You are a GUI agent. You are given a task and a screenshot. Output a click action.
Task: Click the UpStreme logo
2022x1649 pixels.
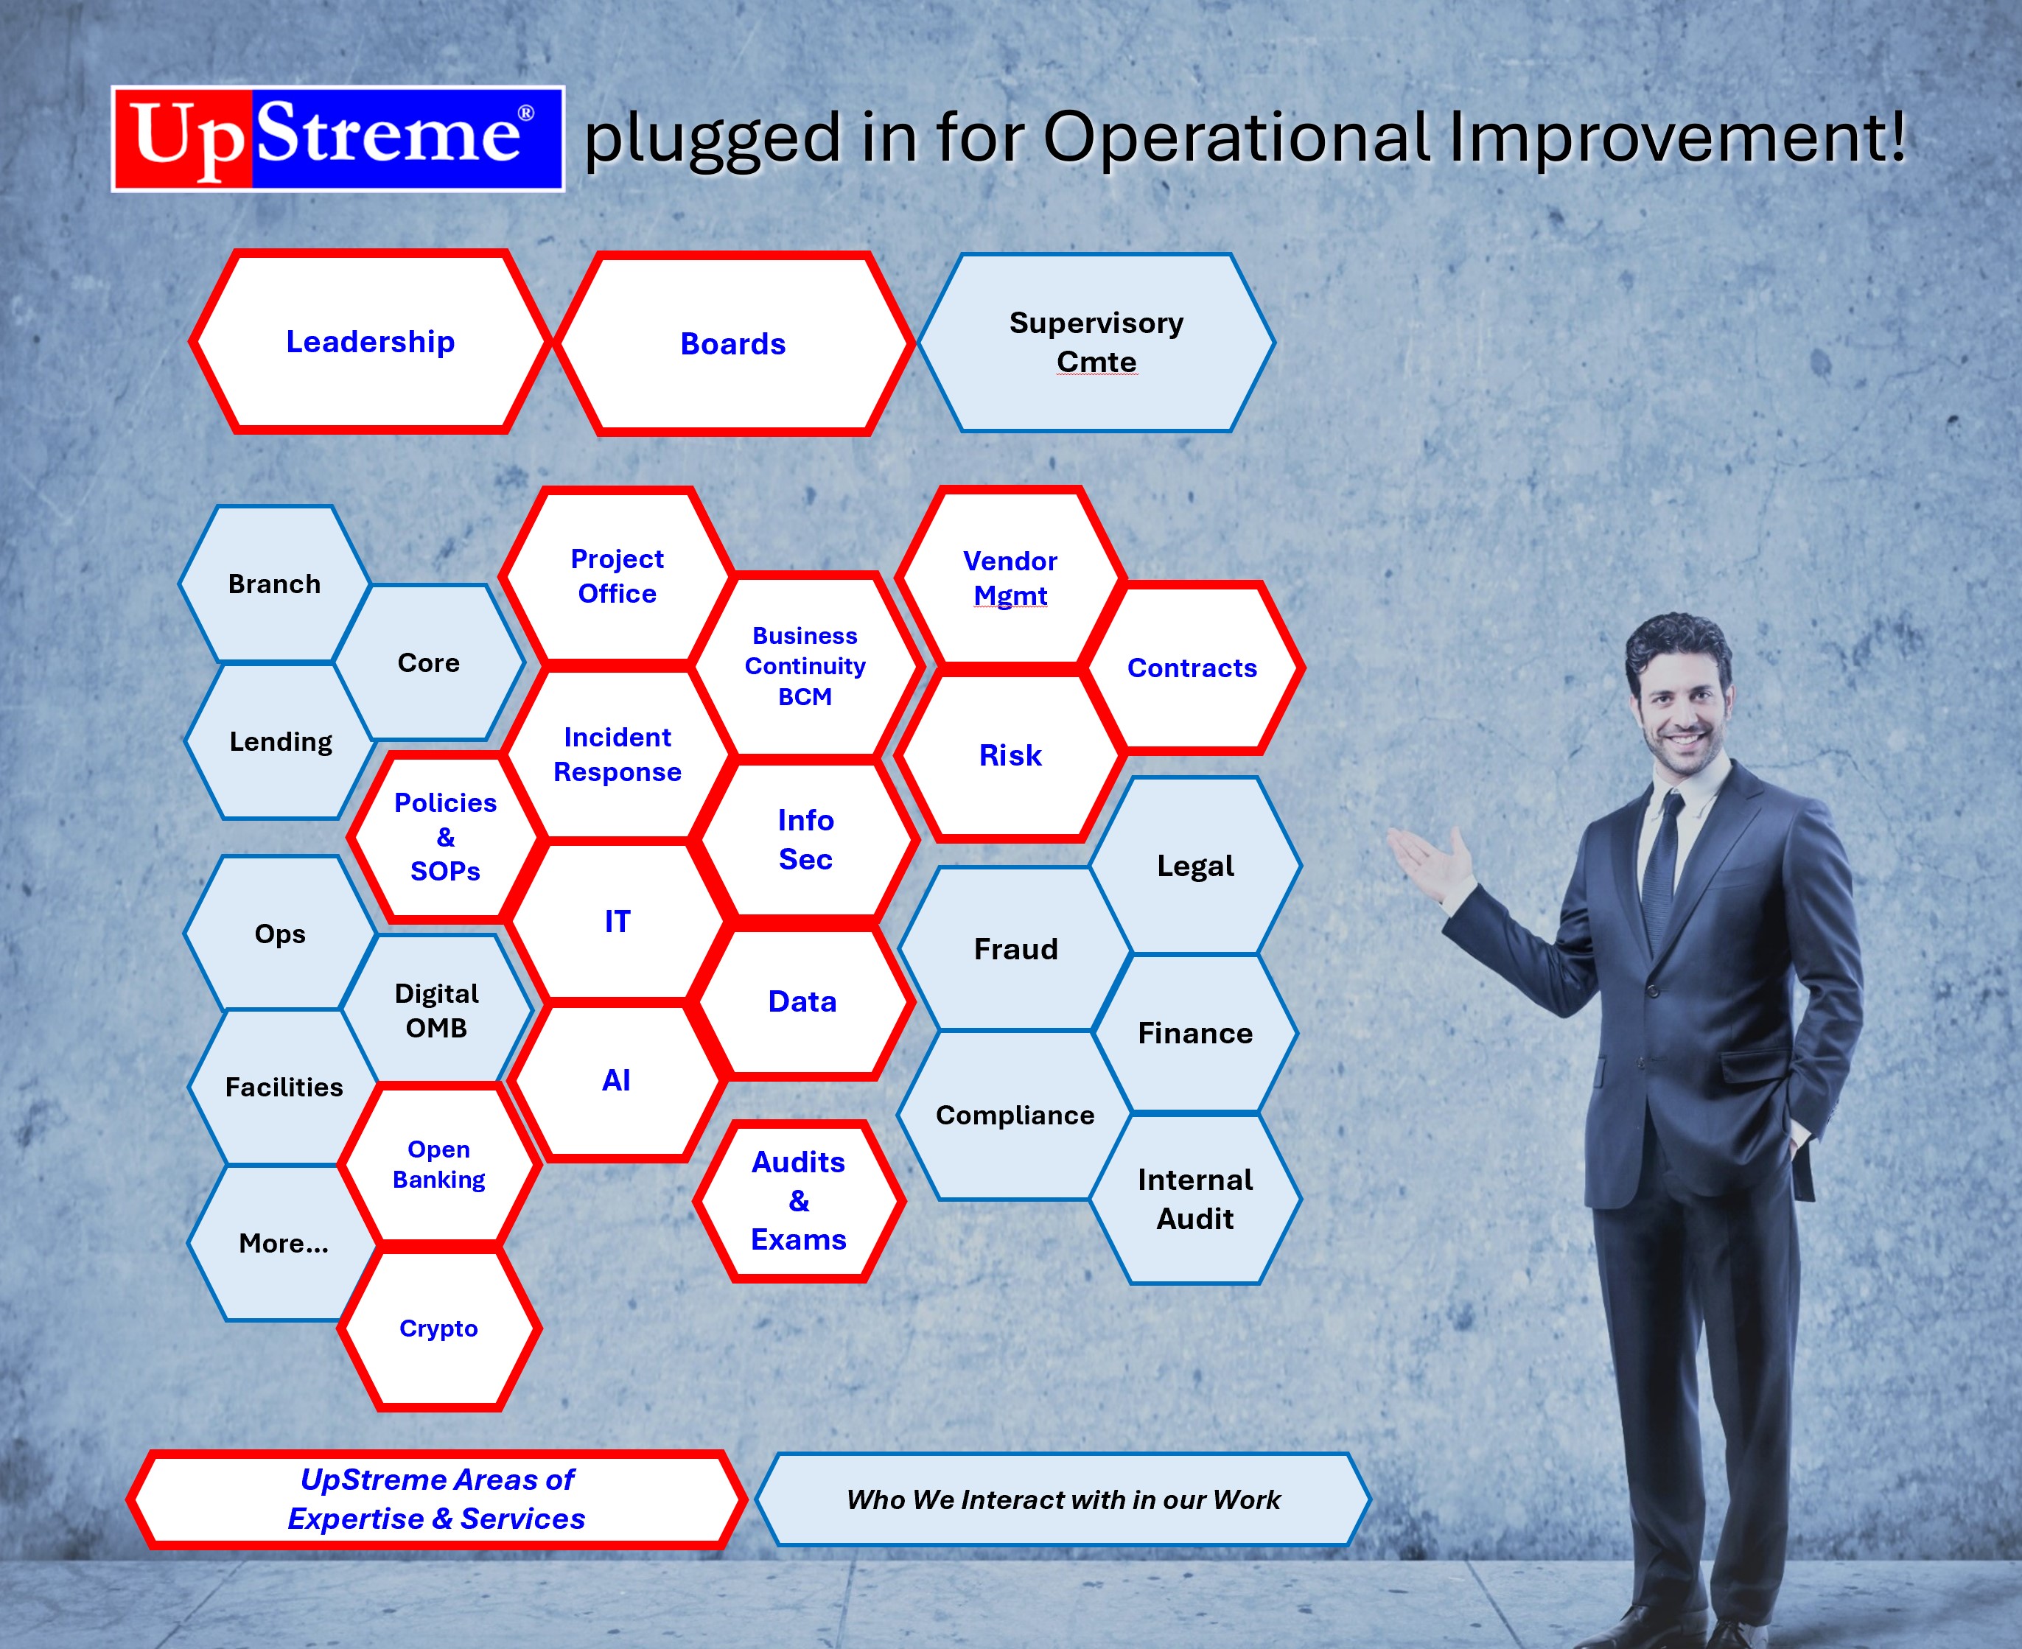338,139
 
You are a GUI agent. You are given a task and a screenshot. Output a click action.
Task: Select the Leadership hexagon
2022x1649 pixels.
371,342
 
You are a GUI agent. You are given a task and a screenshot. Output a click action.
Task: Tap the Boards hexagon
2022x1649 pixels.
733,344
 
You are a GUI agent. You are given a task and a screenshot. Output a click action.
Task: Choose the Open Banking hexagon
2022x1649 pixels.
438,1165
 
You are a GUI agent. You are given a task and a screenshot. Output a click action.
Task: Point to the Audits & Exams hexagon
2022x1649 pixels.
799,1201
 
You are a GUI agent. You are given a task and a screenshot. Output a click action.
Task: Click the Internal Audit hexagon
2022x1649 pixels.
1194,1199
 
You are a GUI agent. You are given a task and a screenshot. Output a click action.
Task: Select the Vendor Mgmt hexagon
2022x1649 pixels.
1010,578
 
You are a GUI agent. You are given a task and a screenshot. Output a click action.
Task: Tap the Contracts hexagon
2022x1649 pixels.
1192,668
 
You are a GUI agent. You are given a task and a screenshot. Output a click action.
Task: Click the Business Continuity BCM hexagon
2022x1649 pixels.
805,666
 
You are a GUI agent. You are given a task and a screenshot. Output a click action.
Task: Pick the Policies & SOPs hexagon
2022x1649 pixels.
445,837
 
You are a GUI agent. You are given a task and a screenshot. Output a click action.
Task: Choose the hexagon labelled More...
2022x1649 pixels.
283,1242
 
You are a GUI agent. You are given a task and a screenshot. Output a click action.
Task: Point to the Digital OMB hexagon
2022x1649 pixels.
437,1009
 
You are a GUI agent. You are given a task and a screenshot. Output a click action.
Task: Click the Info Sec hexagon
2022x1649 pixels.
805,840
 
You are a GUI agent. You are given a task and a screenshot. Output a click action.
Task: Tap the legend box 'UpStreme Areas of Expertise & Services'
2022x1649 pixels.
437,1499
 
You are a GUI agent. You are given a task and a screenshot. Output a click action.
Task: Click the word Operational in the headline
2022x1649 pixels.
1236,138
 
